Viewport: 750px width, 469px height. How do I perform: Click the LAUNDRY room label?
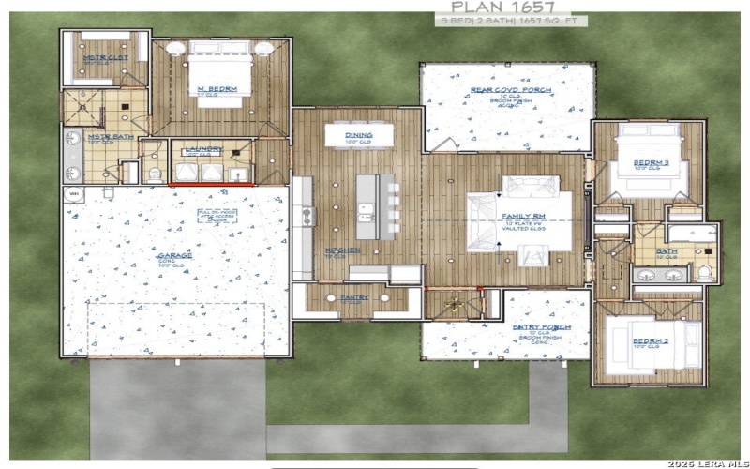click(x=202, y=149)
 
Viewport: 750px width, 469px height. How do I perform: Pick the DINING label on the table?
click(x=359, y=135)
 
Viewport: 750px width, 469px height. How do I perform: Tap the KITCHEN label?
click(x=341, y=250)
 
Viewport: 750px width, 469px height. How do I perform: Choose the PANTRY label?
click(x=353, y=297)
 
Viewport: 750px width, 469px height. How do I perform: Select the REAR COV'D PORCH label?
click(x=507, y=91)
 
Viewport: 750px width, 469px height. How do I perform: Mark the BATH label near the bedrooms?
click(x=668, y=251)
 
